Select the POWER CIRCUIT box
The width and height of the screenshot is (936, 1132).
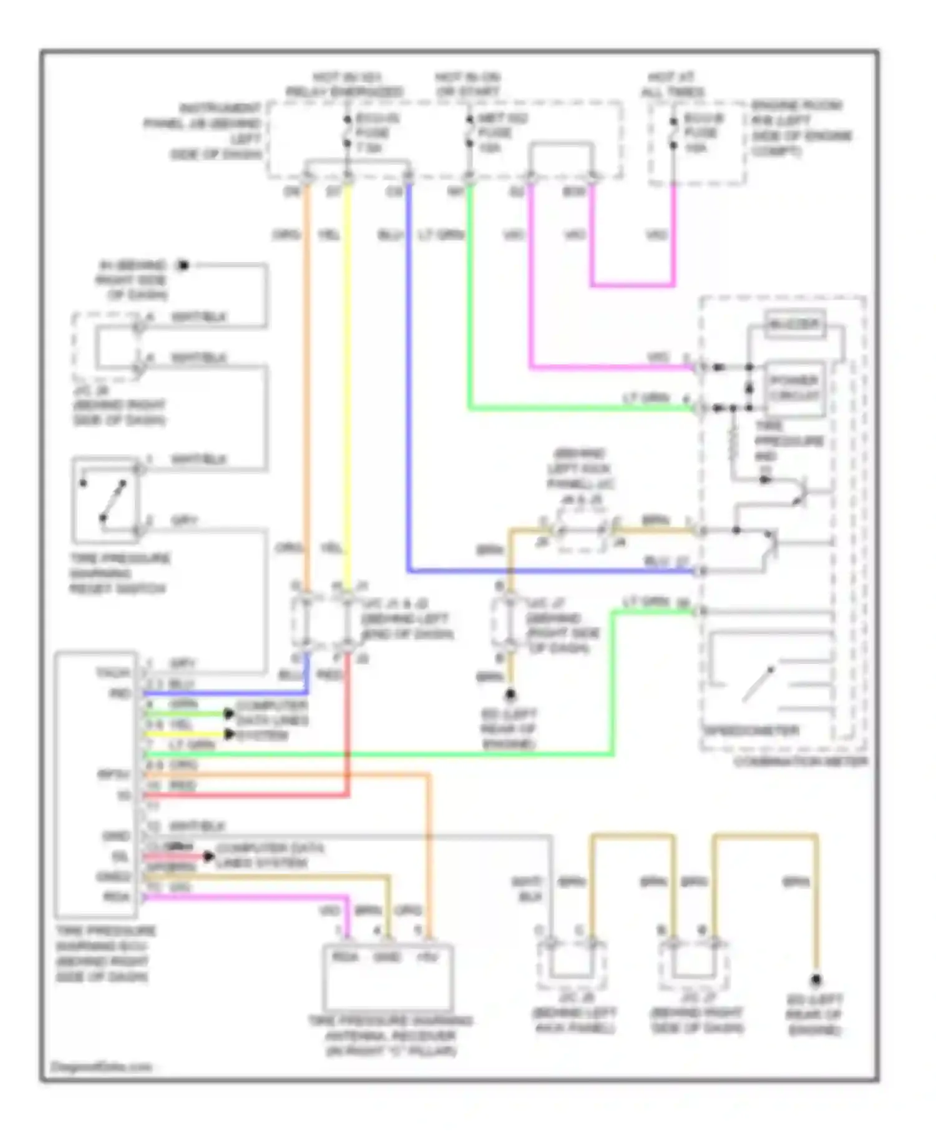point(794,388)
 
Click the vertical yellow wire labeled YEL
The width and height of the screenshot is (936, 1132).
point(348,374)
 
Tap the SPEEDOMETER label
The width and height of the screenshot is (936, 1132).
point(751,730)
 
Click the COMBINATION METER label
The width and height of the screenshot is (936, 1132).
point(801,761)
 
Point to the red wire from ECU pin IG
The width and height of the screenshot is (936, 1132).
point(250,795)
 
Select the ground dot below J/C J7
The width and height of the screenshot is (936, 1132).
point(510,694)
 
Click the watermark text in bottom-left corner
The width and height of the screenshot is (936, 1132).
point(101,1066)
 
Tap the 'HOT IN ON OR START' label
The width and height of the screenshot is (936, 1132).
point(467,85)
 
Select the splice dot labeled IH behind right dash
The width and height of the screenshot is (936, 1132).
point(183,266)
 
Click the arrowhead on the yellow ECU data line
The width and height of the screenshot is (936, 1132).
point(229,734)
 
